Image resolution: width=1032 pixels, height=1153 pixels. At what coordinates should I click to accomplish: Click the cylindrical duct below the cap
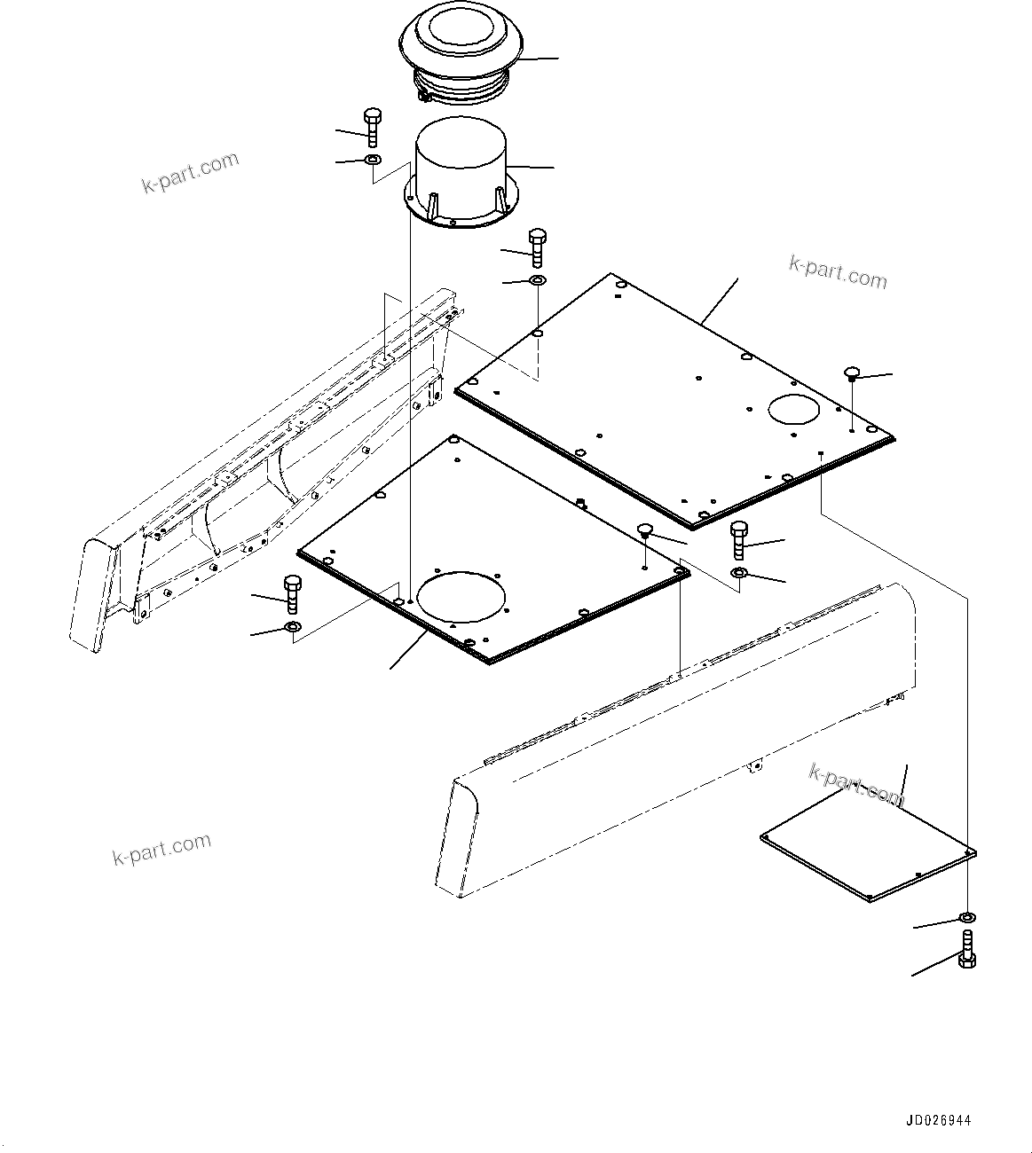457,169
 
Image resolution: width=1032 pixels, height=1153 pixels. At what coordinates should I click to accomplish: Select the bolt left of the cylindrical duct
372,128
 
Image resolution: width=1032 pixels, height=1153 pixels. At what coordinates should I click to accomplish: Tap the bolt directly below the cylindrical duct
537,247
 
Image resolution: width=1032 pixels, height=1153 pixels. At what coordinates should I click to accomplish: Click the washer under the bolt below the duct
537,281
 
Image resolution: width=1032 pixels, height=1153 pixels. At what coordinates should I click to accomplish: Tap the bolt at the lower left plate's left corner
292,594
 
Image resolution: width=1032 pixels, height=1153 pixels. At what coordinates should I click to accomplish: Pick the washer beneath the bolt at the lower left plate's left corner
293,630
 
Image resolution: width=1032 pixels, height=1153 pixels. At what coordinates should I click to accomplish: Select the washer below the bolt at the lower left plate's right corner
739,575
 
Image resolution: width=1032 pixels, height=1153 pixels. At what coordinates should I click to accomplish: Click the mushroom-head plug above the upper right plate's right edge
851,373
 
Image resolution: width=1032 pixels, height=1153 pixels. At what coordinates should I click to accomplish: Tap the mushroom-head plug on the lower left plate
645,532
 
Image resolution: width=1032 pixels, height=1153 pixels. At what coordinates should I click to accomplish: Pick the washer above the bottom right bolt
966,917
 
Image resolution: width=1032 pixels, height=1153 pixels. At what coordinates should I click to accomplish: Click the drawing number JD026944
938,1120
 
